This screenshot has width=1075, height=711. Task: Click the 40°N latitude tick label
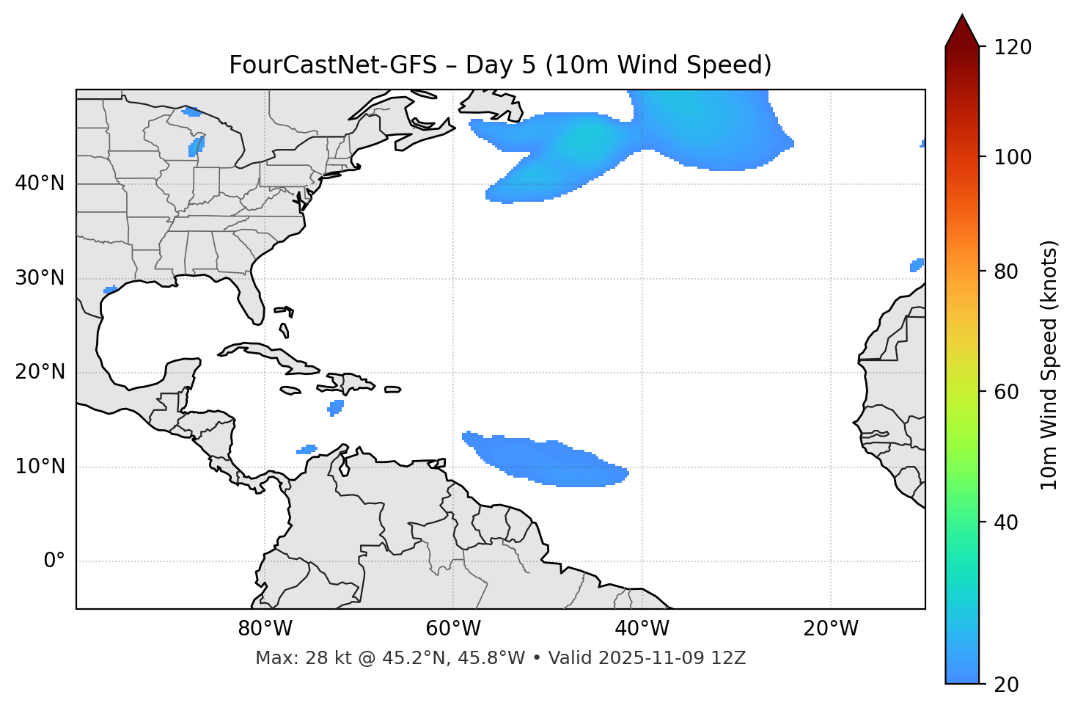40,183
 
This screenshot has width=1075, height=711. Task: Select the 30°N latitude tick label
40,278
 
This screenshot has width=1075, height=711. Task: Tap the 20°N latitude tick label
40,372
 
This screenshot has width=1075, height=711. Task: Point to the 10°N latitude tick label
40,467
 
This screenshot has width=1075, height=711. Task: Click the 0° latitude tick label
54,561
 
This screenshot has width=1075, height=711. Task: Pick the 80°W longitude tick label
265,629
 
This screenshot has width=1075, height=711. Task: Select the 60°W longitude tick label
453,629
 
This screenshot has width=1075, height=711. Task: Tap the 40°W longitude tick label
642,629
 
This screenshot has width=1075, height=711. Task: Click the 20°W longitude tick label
830,629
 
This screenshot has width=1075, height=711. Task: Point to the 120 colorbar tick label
1012,47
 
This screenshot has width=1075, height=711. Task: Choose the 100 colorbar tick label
1012,157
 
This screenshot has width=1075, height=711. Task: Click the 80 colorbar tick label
1006,271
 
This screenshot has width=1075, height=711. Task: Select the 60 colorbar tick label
1006,392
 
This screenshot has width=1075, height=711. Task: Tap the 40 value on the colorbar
1006,522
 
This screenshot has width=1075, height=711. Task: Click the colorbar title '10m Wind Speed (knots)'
1049,365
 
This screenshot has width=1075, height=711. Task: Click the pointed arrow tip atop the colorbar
962,18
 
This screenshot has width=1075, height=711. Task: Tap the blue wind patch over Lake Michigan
197,145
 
